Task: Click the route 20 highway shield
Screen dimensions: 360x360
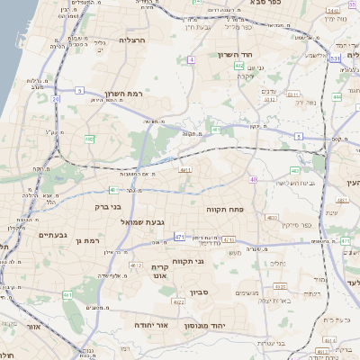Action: (x=56, y=98)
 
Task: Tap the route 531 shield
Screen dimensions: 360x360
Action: (x=333, y=58)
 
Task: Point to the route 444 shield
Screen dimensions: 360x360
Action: (x=337, y=96)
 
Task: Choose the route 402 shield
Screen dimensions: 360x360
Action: (x=295, y=170)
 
